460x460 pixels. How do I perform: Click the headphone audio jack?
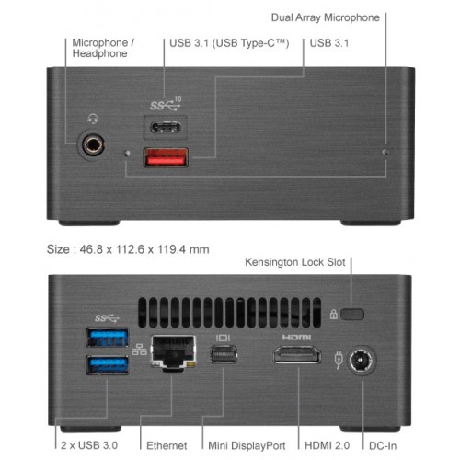[x=93, y=144]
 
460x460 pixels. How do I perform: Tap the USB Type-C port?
[x=166, y=127]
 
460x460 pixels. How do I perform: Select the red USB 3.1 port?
[x=166, y=157]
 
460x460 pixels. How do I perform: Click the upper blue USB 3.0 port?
[x=108, y=338]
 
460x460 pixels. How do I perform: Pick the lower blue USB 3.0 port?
[x=108, y=365]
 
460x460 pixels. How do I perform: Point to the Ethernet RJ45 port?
[x=173, y=352]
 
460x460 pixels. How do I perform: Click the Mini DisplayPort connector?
[x=224, y=354]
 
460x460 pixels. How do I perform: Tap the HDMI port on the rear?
[x=297, y=355]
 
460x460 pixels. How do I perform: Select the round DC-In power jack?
[x=362, y=361]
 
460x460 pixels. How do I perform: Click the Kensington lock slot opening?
[x=352, y=315]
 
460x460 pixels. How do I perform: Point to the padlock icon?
[x=333, y=315]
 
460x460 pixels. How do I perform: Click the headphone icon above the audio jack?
[x=93, y=119]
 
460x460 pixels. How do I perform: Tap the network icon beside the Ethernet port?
[x=139, y=350]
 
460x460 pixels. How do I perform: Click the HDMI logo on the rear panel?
[x=296, y=338]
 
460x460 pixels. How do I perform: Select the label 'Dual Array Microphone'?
[x=326, y=17]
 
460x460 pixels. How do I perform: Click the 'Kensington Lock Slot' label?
[x=295, y=262]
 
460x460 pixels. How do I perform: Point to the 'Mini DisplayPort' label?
[x=247, y=445]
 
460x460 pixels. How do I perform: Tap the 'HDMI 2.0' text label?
[x=327, y=445]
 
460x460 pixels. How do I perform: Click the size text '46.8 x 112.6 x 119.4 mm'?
[x=144, y=249]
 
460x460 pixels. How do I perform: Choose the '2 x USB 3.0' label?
[x=89, y=445]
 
